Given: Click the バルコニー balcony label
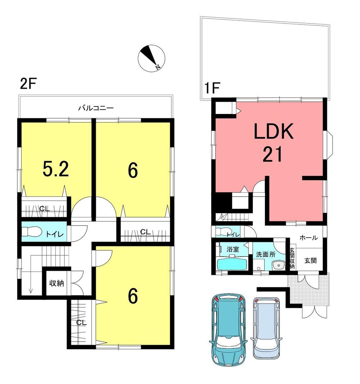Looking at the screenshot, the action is coord(96,108).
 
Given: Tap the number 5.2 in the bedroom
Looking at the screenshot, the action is coord(56,169).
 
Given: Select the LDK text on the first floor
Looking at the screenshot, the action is coord(274,131).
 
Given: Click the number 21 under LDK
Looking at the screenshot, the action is coord(273,154).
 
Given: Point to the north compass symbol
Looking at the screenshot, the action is coord(151,58).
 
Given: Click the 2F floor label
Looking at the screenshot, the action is coord(28,84).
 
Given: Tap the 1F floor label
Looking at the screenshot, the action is coord(212,88).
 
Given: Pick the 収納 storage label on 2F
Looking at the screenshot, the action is coord(57,283).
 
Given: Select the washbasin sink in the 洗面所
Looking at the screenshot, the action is coord(278,265).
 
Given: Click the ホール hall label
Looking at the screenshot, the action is coord(309,238).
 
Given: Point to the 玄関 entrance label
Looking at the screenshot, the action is coord(310,261).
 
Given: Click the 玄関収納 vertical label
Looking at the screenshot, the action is coord(292,259).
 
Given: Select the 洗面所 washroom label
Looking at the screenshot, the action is coord(266,255).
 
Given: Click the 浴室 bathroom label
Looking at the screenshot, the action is coord(233,250).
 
